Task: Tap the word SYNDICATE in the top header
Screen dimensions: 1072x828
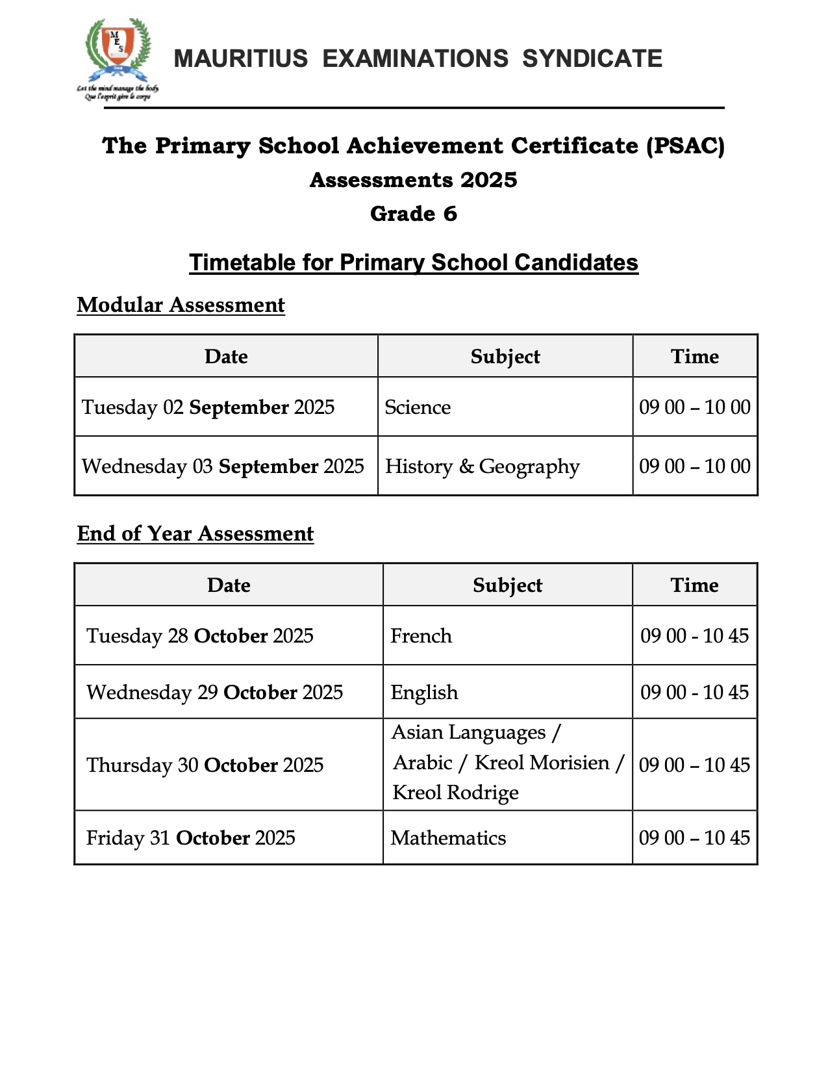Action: [592, 59]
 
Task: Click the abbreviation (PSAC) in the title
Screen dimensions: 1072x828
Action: [685, 146]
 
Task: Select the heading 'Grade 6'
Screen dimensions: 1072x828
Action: [414, 214]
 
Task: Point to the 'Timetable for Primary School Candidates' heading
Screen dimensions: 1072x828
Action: [414, 262]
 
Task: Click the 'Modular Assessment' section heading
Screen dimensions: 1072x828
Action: [181, 305]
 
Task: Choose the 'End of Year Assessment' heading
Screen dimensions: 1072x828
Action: [195, 533]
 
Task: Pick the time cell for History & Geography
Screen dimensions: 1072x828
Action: [695, 466]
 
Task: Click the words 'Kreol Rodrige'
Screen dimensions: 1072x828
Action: [455, 793]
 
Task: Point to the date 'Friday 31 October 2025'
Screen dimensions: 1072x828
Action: [190, 838]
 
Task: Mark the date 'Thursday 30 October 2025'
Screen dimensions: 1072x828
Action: [205, 765]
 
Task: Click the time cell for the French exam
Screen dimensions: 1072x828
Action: [694, 635]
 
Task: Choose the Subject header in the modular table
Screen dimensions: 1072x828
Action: [505, 357]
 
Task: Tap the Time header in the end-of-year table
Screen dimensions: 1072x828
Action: [694, 585]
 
